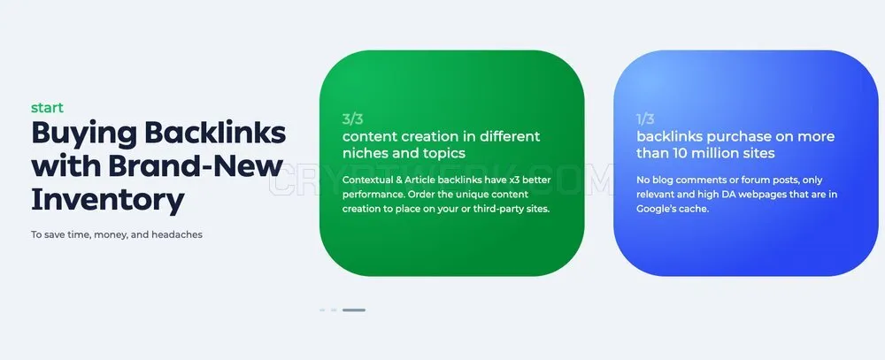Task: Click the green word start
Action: pos(48,108)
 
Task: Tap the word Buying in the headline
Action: pos(84,134)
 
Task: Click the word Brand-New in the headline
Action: pos(196,165)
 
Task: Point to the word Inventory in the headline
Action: pos(108,200)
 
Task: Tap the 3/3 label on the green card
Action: pos(353,119)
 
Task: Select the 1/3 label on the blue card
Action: pos(645,119)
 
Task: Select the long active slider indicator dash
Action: pos(354,310)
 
